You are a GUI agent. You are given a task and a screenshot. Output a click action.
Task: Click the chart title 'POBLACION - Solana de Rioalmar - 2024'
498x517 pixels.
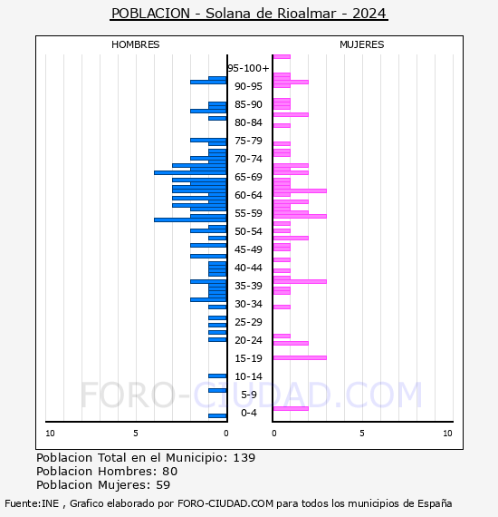(249, 14)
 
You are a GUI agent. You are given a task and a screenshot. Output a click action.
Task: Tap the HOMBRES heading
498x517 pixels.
(135, 44)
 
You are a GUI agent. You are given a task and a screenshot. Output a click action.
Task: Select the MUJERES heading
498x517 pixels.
(362, 44)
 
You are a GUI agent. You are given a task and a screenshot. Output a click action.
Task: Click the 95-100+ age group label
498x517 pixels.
(248, 68)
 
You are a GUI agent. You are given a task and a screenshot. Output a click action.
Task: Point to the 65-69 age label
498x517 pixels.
(248, 177)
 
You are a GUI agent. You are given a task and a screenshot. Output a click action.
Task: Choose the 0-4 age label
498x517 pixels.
(248, 413)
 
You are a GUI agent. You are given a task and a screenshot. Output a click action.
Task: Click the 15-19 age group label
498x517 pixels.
(248, 358)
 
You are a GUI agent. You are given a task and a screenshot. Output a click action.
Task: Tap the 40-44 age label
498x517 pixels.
(248, 268)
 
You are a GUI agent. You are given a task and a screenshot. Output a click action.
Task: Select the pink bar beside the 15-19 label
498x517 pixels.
(300, 357)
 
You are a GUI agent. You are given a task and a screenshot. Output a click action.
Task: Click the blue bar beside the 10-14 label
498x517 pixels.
(217, 376)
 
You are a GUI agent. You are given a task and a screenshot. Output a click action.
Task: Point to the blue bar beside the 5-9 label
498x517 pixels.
(217, 390)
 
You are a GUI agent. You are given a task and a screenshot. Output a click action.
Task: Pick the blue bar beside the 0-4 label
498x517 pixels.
(217, 415)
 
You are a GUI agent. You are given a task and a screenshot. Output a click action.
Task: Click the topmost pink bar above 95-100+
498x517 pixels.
(282, 57)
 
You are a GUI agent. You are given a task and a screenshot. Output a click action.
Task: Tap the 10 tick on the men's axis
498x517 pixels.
(50, 434)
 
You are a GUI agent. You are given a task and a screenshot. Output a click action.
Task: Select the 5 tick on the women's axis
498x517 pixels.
(362, 434)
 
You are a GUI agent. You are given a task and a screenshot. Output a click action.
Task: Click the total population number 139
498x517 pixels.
(244, 458)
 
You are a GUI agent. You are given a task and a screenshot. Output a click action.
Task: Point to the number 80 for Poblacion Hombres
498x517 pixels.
(170, 472)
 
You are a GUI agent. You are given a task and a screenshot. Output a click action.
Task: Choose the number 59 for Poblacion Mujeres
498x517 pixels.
(163, 485)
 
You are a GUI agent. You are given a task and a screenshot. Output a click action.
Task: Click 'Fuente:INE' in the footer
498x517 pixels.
(32, 503)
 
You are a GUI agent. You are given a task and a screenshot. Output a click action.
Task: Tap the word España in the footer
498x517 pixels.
(435, 504)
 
